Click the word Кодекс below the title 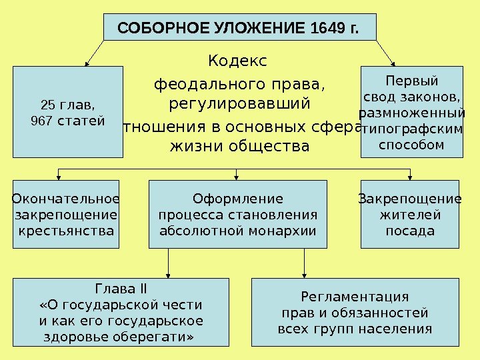[x=237, y=62]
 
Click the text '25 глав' [x=67, y=105]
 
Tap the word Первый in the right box [x=412, y=81]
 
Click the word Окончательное [x=66, y=199]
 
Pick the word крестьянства [x=66, y=231]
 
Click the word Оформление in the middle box [x=237, y=199]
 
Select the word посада [x=411, y=231]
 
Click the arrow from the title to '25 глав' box [x=94, y=53]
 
